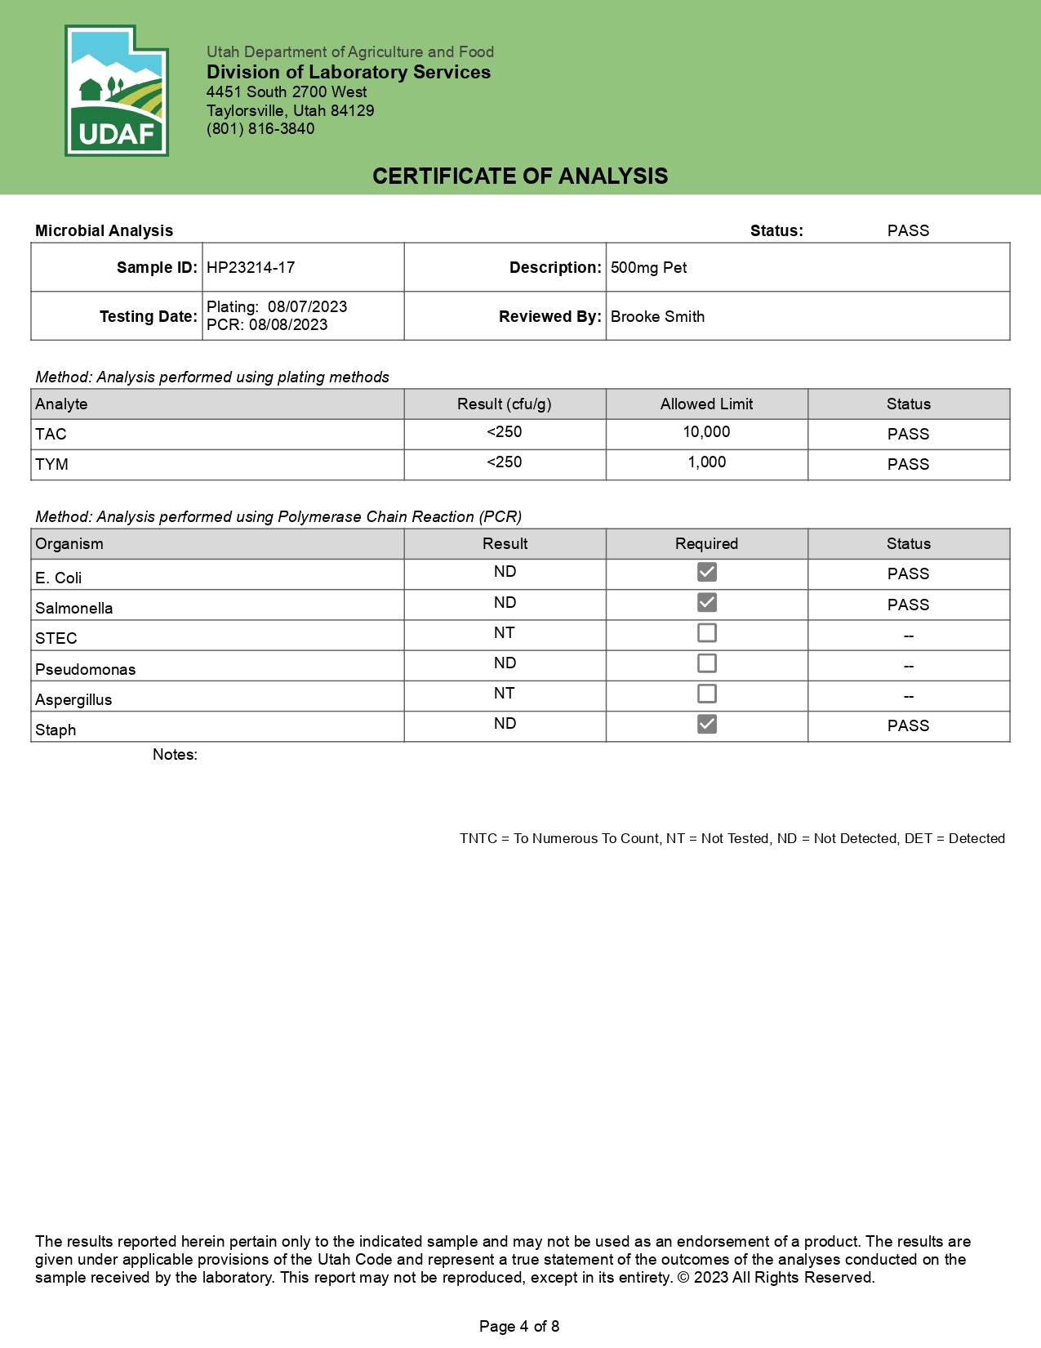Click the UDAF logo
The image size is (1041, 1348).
[117, 91]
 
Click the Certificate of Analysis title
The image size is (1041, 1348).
[520, 176]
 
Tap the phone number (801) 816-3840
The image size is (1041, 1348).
[260, 128]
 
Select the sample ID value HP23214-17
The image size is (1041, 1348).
[251, 267]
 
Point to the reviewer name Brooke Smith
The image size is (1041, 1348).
[657, 316]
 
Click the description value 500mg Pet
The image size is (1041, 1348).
[648, 267]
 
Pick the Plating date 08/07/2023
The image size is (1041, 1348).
[307, 306]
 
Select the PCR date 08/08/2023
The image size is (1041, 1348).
[288, 324]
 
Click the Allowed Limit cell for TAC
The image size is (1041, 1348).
[706, 432]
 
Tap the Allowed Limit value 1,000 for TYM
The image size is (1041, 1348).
[706, 462]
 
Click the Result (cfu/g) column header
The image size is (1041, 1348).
[505, 404]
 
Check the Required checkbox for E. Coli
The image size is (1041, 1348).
[707, 572]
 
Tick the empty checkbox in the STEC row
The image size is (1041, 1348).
[707, 633]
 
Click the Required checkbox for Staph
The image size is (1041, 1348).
[707, 724]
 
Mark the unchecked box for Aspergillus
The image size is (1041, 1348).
[707, 694]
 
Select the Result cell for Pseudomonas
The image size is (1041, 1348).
[505, 663]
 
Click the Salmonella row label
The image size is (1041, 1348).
[74, 608]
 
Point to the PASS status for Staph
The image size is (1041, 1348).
[908, 725]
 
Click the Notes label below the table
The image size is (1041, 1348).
[175, 754]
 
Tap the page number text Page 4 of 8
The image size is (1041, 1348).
[519, 1326]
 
